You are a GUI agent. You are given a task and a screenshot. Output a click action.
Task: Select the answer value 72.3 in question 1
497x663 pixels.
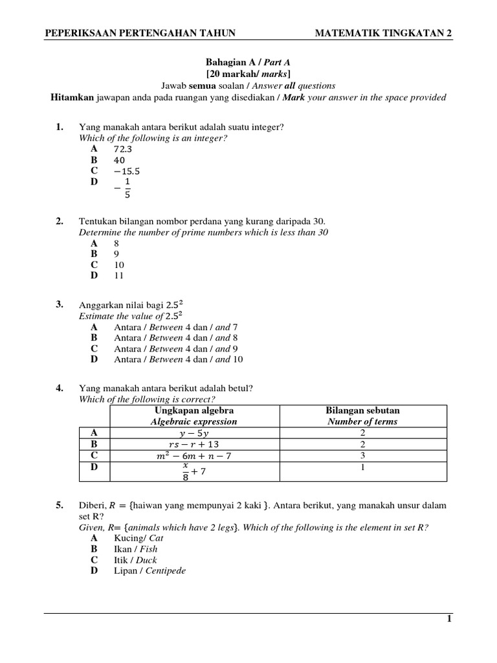click(x=123, y=149)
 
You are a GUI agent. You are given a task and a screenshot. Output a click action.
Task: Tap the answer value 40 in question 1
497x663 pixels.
click(x=120, y=160)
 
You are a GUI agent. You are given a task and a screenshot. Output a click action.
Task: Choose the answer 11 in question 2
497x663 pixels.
click(x=119, y=275)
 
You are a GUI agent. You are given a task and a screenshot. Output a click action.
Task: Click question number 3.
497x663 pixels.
click(x=60, y=304)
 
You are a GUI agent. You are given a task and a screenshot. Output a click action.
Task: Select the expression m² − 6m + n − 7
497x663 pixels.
click(x=193, y=456)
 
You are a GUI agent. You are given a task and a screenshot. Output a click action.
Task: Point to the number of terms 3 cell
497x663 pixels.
click(x=362, y=456)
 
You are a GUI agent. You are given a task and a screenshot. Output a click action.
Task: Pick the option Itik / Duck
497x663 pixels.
click(x=135, y=560)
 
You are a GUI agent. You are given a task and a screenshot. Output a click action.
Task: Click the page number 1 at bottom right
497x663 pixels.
click(x=449, y=619)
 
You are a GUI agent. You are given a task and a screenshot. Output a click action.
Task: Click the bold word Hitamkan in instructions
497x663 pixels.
click(x=72, y=97)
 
